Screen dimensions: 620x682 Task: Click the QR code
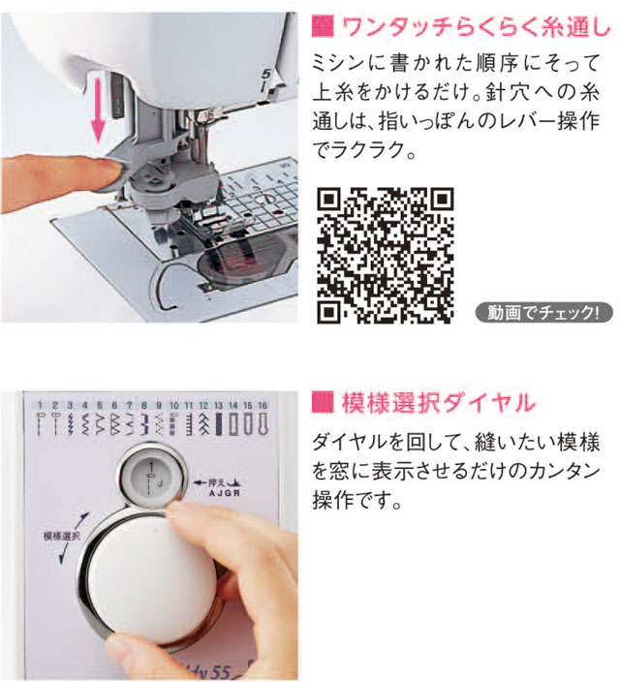[x=385, y=256]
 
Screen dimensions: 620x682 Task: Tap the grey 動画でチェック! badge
[x=543, y=313]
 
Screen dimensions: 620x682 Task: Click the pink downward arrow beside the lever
[x=99, y=109]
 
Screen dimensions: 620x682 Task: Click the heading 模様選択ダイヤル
[x=438, y=402]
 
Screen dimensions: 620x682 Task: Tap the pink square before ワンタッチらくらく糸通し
[x=323, y=26]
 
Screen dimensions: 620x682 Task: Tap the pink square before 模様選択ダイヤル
[x=323, y=402]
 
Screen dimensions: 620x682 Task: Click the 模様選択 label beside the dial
[x=62, y=536]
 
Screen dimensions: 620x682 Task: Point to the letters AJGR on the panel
[x=224, y=493]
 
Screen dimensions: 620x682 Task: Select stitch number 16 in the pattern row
[x=263, y=405]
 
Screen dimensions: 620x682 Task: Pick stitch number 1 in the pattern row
[x=40, y=405]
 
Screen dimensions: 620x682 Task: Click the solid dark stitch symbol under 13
[x=218, y=424]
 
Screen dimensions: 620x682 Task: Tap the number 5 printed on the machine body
[x=265, y=74]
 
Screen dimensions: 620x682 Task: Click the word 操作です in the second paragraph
[x=356, y=500]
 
